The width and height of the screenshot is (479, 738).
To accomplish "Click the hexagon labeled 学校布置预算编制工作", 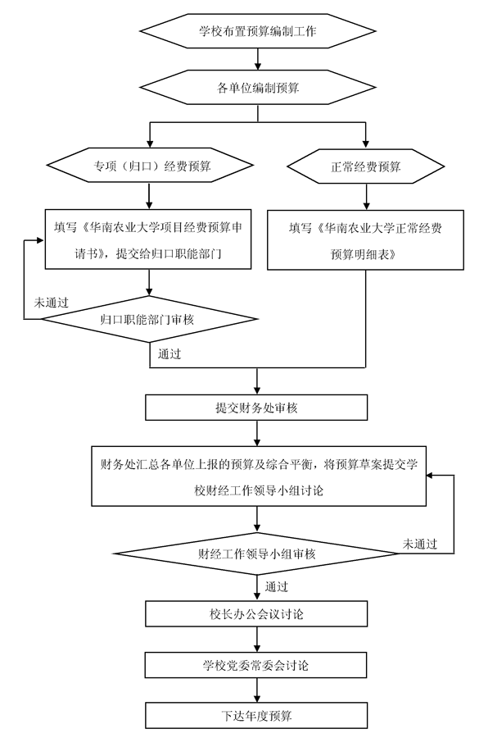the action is point(258,31).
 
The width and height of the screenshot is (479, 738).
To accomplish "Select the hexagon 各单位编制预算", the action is point(258,88).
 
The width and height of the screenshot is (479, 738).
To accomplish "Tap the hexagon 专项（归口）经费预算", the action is point(150,166).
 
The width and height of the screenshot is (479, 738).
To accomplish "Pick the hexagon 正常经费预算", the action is point(366,166).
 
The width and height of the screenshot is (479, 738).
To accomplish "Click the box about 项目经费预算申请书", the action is point(148,239).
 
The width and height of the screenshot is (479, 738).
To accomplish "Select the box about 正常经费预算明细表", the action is point(365,240).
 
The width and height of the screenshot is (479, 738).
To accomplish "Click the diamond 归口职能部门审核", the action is point(150,319).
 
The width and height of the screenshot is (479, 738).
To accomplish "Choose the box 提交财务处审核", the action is point(256,408).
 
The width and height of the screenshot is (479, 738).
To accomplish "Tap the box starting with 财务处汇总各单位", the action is point(259,476).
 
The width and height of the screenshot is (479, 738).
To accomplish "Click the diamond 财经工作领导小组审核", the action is point(256,553).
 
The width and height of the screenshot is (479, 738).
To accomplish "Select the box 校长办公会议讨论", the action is point(256,613).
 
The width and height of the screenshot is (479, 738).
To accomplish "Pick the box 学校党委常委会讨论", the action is point(255,665).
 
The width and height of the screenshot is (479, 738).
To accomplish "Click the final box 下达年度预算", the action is point(256,716).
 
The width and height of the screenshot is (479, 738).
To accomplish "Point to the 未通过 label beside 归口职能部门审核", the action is point(52,303).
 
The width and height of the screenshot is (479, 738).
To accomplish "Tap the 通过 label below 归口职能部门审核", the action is point(169,354).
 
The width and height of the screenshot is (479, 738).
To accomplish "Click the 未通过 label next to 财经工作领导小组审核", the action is point(420,544).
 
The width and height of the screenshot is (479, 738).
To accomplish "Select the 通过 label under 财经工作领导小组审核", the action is point(277,586).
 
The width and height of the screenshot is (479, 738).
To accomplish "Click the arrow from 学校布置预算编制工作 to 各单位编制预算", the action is point(258,59).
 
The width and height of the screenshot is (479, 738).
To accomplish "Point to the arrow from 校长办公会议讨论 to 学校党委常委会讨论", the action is point(256,640).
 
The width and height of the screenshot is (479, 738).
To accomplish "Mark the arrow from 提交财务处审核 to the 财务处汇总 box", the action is point(256,433).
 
